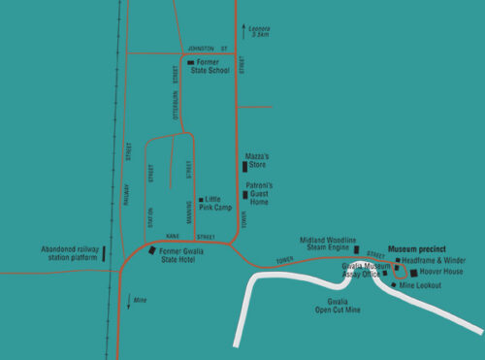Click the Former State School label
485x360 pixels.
point(212,67)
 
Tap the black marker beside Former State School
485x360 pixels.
point(190,64)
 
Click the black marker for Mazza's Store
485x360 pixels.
point(244,166)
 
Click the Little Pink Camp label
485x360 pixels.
point(218,203)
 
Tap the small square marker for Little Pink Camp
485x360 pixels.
point(200,200)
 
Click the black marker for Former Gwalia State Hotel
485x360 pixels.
point(152,250)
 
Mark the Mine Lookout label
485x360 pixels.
point(420,285)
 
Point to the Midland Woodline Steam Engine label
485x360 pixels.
point(330,244)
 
